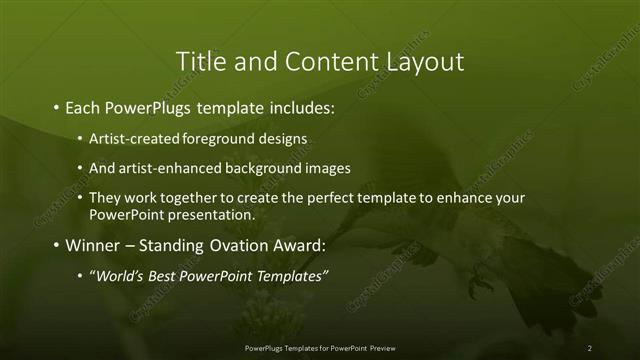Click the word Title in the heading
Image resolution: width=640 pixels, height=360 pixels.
pyautogui.click(x=201, y=61)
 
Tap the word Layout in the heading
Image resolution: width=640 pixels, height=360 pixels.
pyautogui.click(x=424, y=61)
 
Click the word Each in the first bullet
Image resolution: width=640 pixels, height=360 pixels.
pyautogui.click(x=84, y=105)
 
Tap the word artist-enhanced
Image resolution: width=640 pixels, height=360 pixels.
pyautogui.click(x=163, y=167)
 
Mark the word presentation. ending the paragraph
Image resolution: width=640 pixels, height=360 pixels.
pyautogui.click(x=214, y=214)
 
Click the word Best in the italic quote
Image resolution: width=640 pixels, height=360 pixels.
pyautogui.click(x=166, y=276)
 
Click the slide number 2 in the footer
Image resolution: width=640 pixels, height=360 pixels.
pyautogui.click(x=590, y=347)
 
